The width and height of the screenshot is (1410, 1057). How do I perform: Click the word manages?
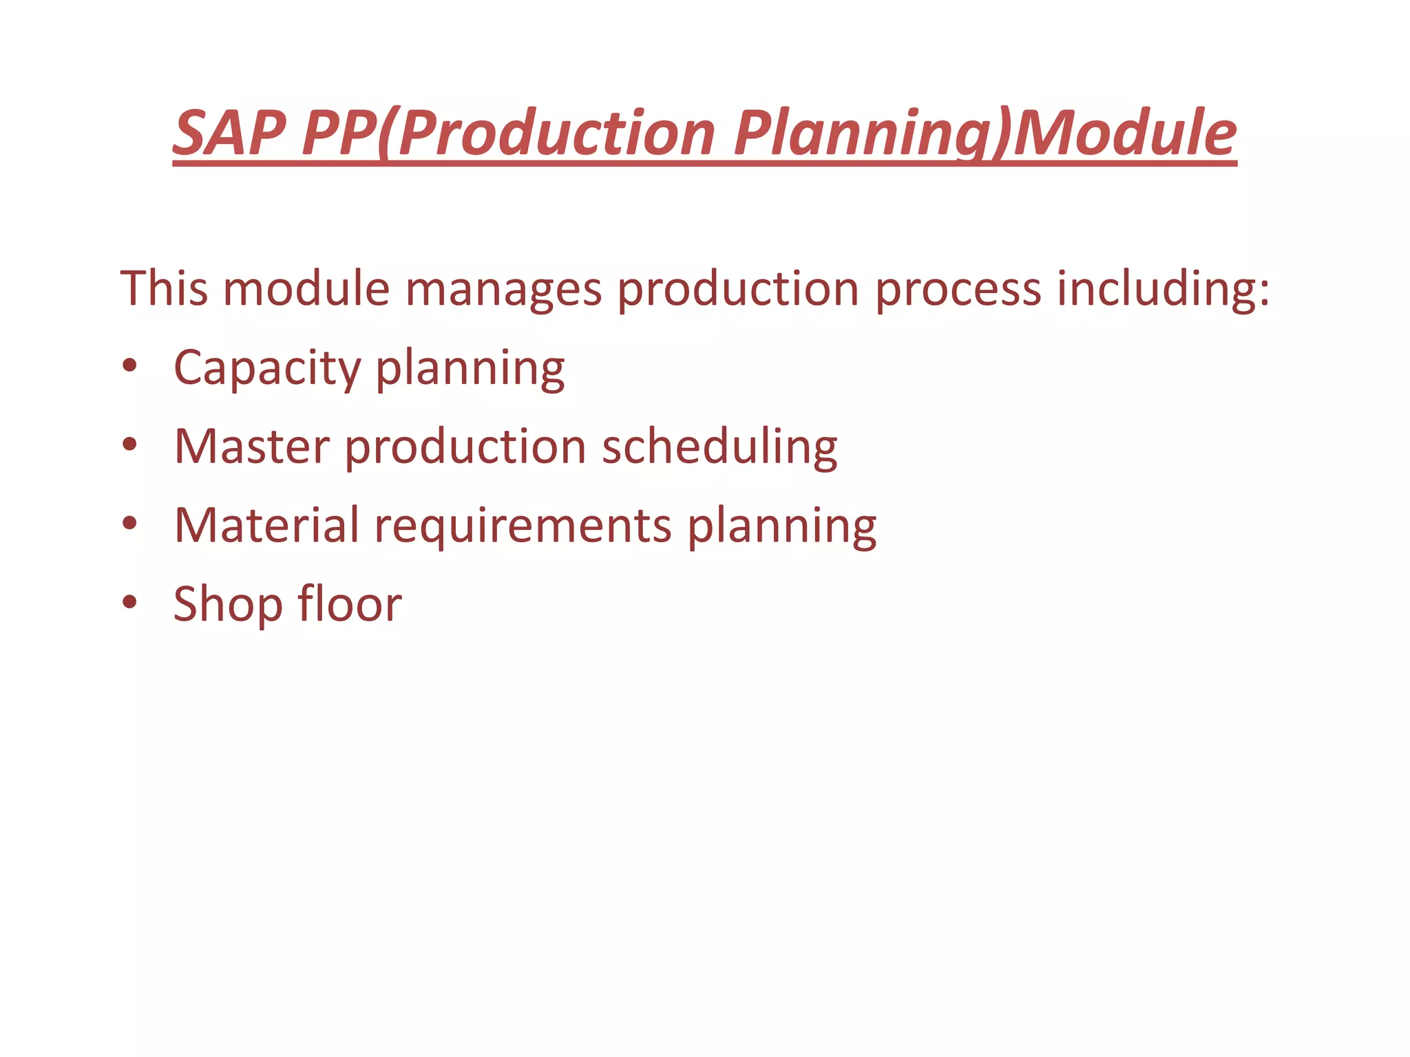pyautogui.click(x=503, y=289)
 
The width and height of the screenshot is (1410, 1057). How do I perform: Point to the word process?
pyautogui.click(x=958, y=289)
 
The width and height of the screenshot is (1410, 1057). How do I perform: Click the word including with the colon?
pyautogui.click(x=1163, y=289)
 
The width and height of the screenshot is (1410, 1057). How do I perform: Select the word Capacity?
pyautogui.click(x=267, y=368)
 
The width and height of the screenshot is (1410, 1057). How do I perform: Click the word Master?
pyautogui.click(x=252, y=447)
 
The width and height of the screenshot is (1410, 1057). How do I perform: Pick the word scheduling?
pyautogui.click(x=719, y=448)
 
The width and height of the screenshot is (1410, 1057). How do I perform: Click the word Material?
pyautogui.click(x=266, y=525)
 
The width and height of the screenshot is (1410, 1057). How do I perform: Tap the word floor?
pyautogui.click(x=350, y=604)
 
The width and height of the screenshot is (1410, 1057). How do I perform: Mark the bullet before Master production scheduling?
pyautogui.click(x=129, y=444)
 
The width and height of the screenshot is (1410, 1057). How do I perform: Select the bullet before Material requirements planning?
pyautogui.click(x=129, y=523)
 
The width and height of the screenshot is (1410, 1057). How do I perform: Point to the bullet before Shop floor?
pyautogui.click(x=129, y=601)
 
